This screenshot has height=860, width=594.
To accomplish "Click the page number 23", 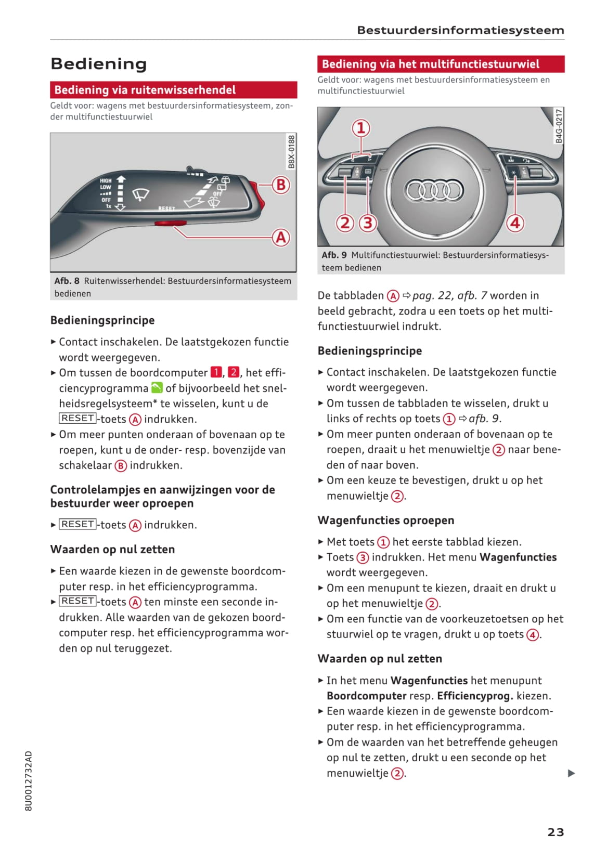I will point(556,832).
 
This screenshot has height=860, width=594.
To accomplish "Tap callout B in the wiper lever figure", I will point(281,185).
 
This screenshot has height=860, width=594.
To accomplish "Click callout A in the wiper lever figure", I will point(281,237).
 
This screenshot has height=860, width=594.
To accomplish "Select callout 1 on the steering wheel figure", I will point(361,128).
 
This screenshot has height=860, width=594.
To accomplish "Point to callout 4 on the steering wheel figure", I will point(515,223).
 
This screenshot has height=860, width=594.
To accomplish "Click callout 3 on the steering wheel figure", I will point(368,223).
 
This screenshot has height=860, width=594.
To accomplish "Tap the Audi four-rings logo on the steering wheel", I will point(434,190).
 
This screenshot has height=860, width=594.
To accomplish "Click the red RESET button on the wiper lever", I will point(170,223).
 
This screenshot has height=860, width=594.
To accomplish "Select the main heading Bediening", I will point(99,64).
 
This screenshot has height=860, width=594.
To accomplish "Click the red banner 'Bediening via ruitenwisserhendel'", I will point(173,90).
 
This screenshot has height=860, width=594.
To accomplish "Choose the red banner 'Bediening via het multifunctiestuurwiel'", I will point(441,64).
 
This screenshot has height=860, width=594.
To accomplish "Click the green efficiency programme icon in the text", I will point(157,388).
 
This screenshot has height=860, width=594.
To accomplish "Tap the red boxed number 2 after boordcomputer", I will point(234,372).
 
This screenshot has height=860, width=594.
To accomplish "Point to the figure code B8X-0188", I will point(291,151).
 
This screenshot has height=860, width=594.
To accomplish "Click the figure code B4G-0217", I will point(559,126).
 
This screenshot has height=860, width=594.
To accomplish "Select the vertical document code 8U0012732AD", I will point(29,780).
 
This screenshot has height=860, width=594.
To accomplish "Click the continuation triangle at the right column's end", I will point(571,773).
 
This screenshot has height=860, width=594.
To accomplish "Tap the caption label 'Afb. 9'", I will point(334,255).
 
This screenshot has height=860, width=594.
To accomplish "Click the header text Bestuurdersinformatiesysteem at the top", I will point(460,30).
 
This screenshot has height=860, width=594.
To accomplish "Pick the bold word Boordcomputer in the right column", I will point(366,696).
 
